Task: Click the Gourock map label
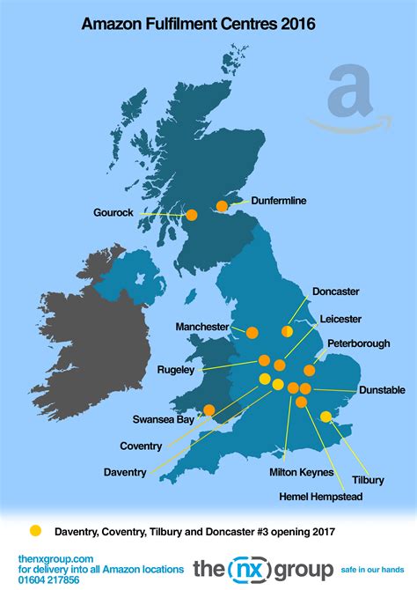pyautogui.click(x=113, y=212)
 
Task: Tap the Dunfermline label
pyautogui.click(x=279, y=201)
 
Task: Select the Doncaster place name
pyautogui.click(x=336, y=291)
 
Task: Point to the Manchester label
pyautogui.click(x=202, y=327)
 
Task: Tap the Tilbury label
pyautogui.click(x=368, y=480)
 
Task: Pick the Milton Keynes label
pyautogui.click(x=302, y=472)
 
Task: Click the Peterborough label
pyautogui.click(x=358, y=343)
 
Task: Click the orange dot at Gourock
pyautogui.click(x=192, y=213)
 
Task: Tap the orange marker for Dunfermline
pyautogui.click(x=222, y=206)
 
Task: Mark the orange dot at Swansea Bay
pyautogui.click(x=209, y=409)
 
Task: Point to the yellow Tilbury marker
pyautogui.click(x=325, y=417)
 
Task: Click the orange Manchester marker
pyautogui.click(x=252, y=333)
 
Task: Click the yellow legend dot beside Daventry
pyautogui.click(x=35, y=530)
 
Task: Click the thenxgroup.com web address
pyautogui.click(x=55, y=558)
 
